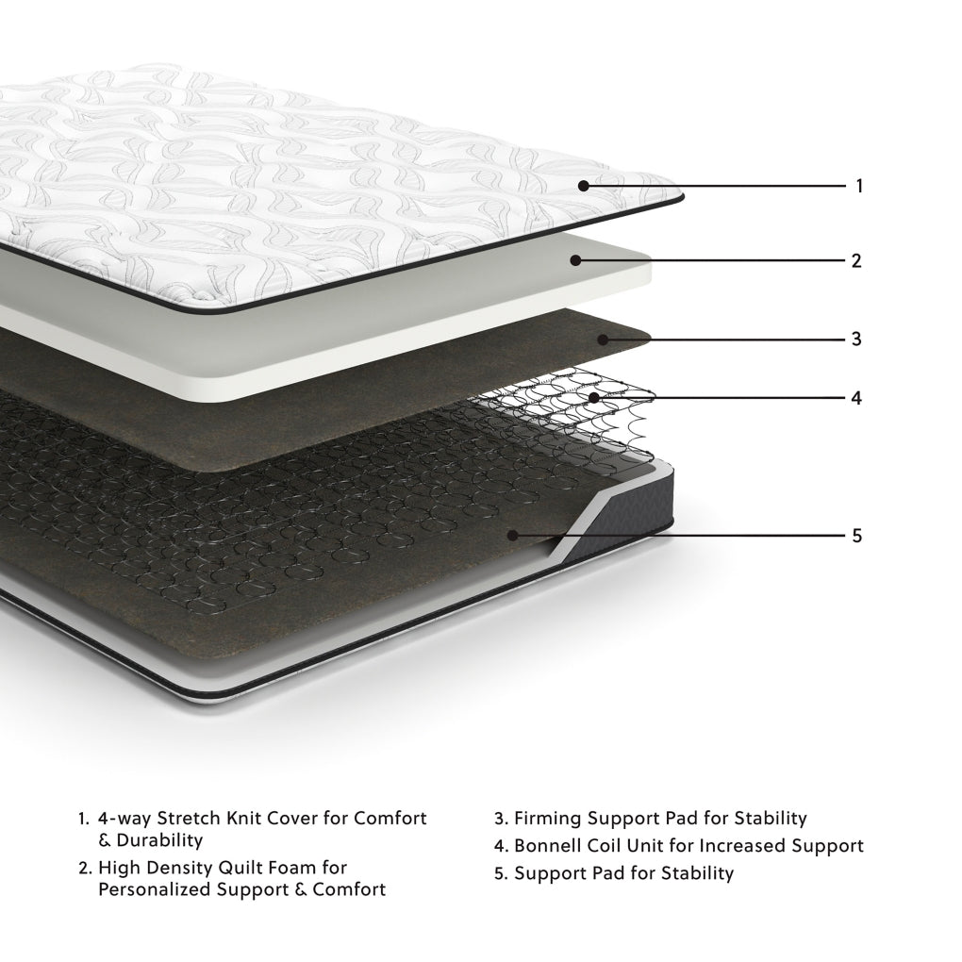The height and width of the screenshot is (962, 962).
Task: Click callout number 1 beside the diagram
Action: click(x=858, y=186)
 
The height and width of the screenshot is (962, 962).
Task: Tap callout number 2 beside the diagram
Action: click(x=856, y=261)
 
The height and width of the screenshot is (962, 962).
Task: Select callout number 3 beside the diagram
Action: click(x=856, y=339)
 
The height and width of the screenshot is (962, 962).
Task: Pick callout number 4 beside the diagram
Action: click(x=856, y=398)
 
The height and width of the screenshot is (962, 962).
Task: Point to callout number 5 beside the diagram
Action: click(x=856, y=536)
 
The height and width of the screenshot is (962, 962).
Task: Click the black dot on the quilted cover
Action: click(x=584, y=186)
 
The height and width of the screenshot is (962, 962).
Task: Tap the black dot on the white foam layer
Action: click(x=574, y=260)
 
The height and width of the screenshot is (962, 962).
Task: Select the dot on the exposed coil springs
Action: click(x=593, y=398)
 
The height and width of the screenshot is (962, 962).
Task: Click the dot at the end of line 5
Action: click(x=512, y=535)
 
